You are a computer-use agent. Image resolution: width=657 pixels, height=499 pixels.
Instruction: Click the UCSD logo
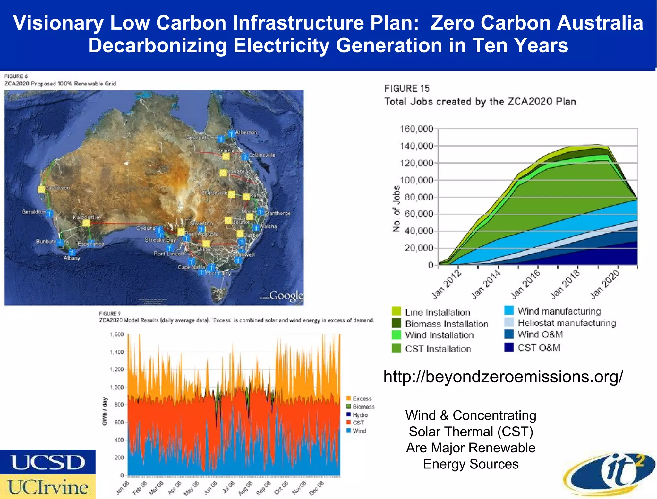point(47,462)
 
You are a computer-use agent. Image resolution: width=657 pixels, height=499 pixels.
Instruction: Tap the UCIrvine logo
point(47,487)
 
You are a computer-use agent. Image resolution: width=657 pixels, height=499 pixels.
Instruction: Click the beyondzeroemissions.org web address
point(503,376)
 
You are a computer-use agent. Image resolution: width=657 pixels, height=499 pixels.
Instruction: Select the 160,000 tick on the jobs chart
point(416,129)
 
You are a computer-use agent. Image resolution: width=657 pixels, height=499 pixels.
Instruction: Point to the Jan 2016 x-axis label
point(526,284)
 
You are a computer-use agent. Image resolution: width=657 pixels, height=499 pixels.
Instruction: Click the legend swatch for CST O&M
point(509,347)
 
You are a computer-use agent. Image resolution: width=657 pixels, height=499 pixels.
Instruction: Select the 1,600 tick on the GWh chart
point(117,334)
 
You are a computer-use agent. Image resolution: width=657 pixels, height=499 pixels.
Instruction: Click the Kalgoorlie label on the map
point(86,217)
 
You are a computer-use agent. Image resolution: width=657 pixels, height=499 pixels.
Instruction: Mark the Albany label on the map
point(72,258)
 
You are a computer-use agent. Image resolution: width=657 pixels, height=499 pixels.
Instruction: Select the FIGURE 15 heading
point(407,88)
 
